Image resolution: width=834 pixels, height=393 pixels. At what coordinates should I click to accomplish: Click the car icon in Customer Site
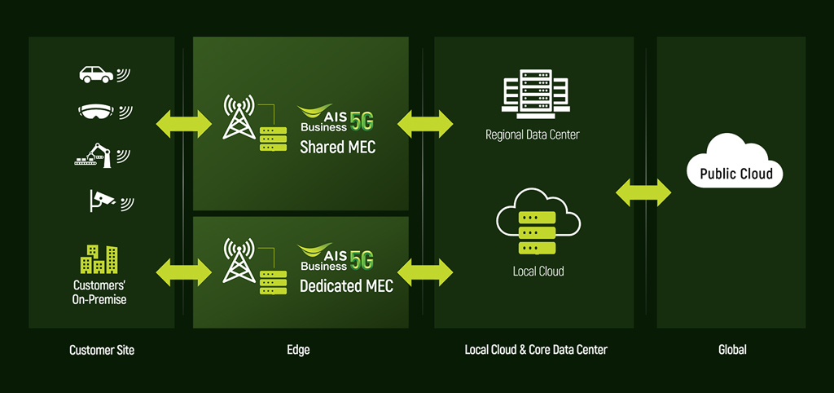pyautogui.click(x=96, y=74)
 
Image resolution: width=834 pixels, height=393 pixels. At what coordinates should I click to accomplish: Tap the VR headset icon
pyautogui.click(x=96, y=112)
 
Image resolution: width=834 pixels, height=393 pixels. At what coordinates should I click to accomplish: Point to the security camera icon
pyautogui.click(x=101, y=198)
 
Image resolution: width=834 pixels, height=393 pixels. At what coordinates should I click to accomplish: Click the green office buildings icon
pyautogui.click(x=99, y=259)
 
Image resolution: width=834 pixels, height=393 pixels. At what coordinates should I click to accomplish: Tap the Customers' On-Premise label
pyautogui.click(x=100, y=293)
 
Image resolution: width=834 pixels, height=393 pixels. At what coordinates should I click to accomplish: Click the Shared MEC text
pyautogui.click(x=337, y=148)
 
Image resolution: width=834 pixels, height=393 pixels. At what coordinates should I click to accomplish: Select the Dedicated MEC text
pyautogui.click(x=346, y=286)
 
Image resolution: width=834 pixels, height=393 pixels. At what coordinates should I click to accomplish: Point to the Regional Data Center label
pyautogui.click(x=532, y=135)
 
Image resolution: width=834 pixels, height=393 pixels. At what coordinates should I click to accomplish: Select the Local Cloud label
pyautogui.click(x=538, y=272)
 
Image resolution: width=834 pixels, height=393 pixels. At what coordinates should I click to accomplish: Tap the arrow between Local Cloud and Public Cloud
pyautogui.click(x=643, y=193)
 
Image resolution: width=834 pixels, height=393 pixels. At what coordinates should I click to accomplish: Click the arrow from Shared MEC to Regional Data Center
pyautogui.click(x=425, y=124)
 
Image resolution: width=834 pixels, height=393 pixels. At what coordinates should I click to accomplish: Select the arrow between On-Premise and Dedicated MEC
pyautogui.click(x=183, y=271)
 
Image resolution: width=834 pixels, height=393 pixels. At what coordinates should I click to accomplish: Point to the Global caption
pyautogui.click(x=732, y=351)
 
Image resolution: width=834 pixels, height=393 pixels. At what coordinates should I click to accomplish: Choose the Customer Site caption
pyautogui.click(x=102, y=351)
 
